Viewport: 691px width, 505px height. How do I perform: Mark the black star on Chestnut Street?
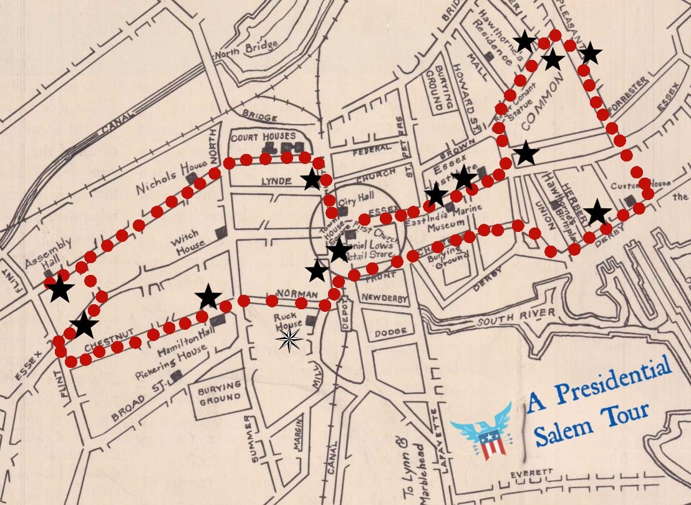click(84, 325)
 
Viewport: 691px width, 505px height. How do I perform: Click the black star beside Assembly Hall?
click(60, 289)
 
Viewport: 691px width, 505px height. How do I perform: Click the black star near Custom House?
click(597, 213)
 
